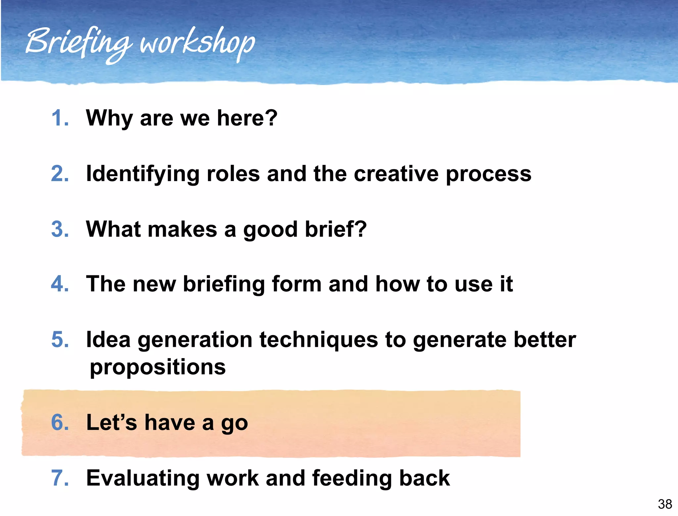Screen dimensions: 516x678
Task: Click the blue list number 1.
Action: click(x=60, y=118)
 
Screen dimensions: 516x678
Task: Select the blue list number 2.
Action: click(x=60, y=173)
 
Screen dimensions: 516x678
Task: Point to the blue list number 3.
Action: click(x=60, y=229)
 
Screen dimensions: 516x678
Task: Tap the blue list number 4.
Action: click(x=60, y=284)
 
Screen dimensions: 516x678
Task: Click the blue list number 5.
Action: click(x=60, y=340)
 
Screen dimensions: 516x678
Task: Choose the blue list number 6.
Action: click(x=60, y=423)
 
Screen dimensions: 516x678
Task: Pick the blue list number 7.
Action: click(x=60, y=478)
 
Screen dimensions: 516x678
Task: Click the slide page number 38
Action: click(x=665, y=504)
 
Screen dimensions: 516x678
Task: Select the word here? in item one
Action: click(x=247, y=118)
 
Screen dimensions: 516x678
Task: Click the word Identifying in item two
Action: click(x=142, y=174)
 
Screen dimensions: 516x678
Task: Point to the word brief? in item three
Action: click(x=336, y=229)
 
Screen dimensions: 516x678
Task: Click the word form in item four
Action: click(x=296, y=284)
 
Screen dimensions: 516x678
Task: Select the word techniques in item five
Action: click(x=318, y=340)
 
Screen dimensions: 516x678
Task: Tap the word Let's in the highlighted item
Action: click(x=111, y=423)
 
